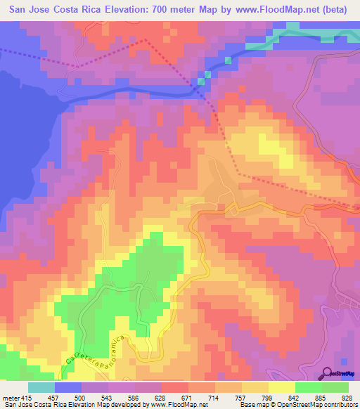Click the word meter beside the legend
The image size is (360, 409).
tap(11, 379)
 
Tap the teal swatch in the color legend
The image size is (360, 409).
tap(41, 387)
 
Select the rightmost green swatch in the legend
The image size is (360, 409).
tap(335, 387)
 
